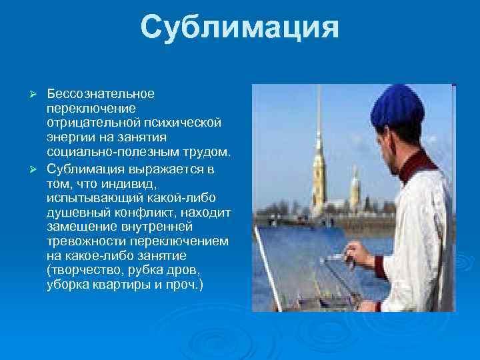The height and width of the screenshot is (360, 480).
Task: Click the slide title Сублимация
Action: [240, 28]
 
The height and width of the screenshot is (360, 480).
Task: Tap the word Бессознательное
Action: [101, 93]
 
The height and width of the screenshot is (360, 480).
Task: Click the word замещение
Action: [77, 228]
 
